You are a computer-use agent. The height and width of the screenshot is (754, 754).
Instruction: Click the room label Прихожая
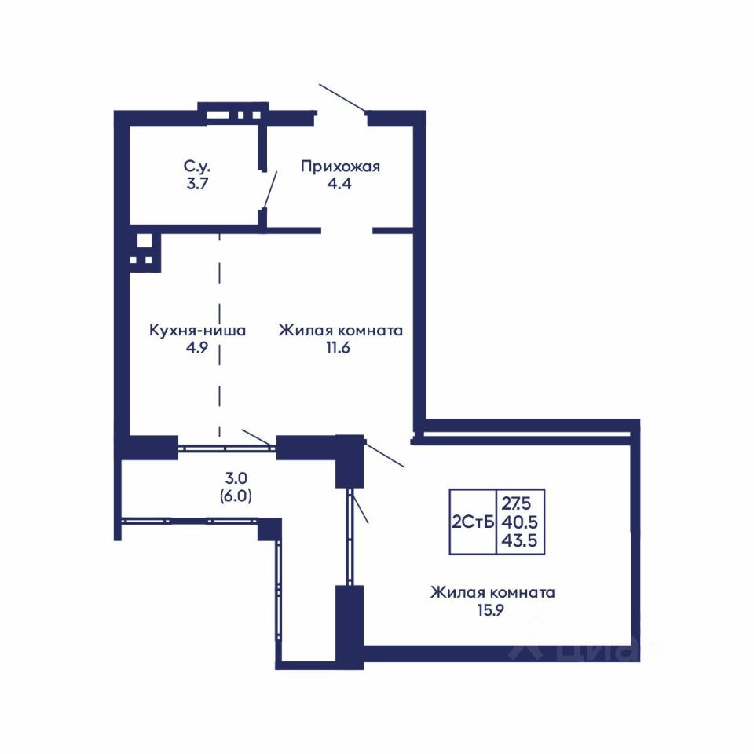click(x=340, y=167)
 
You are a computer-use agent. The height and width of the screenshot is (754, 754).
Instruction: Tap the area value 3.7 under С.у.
click(x=197, y=183)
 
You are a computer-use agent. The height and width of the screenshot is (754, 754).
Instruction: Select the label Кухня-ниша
click(x=198, y=331)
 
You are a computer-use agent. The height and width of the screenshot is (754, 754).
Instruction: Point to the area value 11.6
click(x=338, y=348)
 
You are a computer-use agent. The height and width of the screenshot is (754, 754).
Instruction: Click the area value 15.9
click(x=491, y=610)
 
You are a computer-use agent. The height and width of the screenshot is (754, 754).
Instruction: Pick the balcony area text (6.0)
click(x=236, y=496)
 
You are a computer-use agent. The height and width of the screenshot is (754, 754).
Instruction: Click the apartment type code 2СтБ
click(x=473, y=522)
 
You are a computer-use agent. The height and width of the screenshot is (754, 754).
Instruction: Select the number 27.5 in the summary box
click(x=517, y=503)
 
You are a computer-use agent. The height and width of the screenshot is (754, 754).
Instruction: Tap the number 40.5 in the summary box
click(x=519, y=522)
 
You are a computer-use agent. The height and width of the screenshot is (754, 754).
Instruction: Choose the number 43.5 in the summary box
click(x=519, y=540)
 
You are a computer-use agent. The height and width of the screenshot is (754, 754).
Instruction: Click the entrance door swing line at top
click(x=342, y=97)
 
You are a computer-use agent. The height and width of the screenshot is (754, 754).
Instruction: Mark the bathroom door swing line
click(x=269, y=190)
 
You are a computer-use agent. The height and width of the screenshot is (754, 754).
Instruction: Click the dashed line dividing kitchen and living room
click(x=220, y=335)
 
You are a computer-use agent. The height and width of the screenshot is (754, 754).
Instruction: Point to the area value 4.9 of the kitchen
click(x=197, y=348)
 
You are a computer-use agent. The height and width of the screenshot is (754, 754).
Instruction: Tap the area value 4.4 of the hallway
click(x=339, y=183)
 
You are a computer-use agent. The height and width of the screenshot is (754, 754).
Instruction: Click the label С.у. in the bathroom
click(x=197, y=167)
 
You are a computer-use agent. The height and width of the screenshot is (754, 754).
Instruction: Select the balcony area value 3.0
click(x=236, y=478)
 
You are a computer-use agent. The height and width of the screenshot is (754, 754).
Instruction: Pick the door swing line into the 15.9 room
click(x=384, y=454)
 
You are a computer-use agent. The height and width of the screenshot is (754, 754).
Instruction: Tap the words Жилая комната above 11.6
click(x=340, y=331)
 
